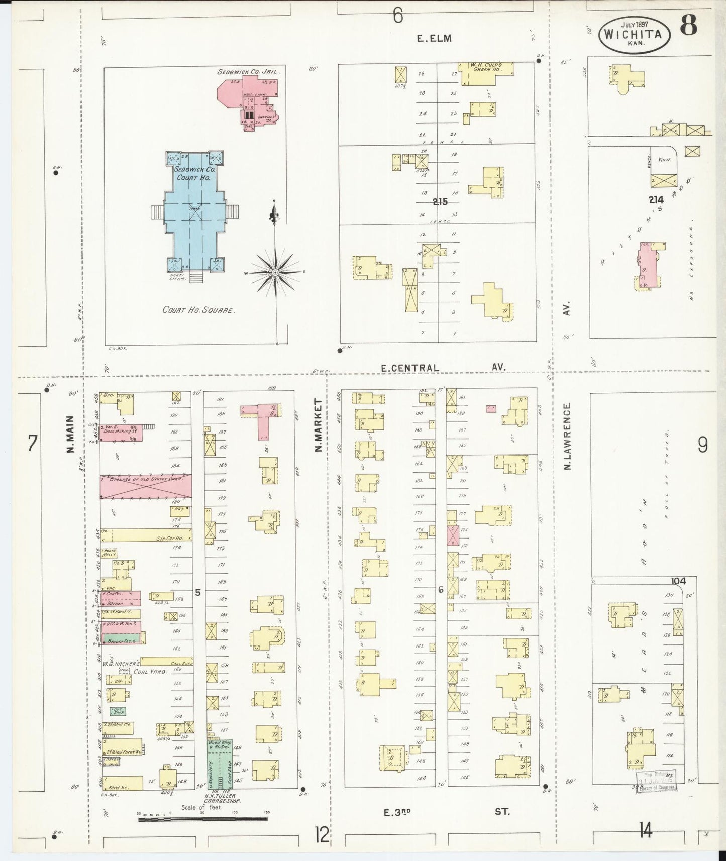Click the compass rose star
(x=275, y=272)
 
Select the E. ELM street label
(x=434, y=38)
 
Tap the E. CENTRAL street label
(x=409, y=368)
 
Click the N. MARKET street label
(x=318, y=425)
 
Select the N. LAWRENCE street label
(x=567, y=436)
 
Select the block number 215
(x=440, y=202)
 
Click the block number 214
(x=656, y=200)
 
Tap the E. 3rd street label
(x=396, y=811)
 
